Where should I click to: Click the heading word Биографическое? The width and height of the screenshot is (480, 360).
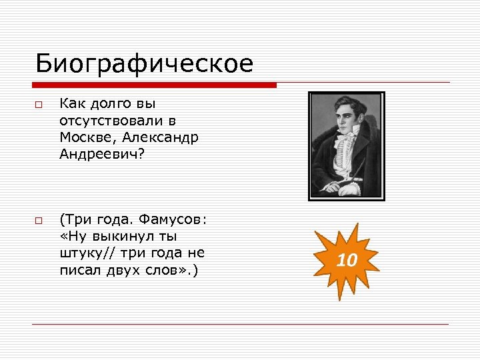pos(144,64)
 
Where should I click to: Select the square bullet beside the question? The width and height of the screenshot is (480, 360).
pos(39,105)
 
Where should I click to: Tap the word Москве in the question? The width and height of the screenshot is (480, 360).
pos(83,137)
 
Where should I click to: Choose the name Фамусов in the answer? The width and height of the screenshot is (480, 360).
pos(173,219)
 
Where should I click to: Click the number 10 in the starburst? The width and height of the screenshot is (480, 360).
pos(347,260)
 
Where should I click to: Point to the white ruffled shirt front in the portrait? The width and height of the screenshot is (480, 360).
pos(345,157)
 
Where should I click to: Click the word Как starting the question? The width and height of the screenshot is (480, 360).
pos(71,103)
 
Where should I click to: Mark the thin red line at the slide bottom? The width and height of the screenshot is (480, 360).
pos(240,324)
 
